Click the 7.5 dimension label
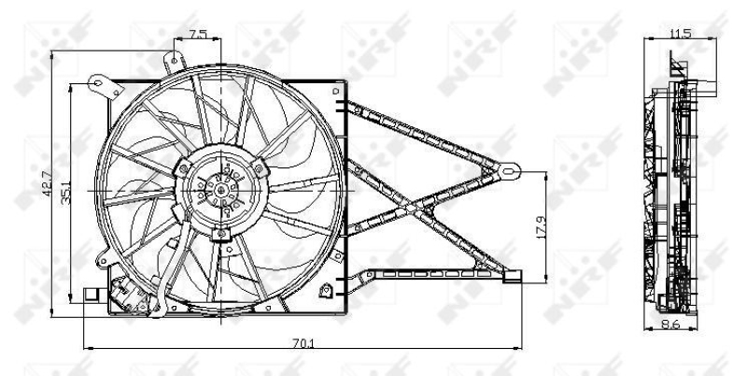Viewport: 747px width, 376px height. [198, 35]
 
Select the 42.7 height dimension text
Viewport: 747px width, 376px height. [47, 183]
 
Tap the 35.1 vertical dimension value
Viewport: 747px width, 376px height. [65, 193]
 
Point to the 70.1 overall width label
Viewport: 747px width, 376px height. [303, 342]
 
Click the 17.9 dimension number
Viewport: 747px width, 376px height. [542, 227]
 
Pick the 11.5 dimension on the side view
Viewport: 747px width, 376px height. [680, 34]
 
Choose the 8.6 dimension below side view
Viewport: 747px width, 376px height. [670, 325]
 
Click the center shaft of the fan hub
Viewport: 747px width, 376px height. [220, 191]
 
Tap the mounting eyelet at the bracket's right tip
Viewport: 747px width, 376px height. [509, 170]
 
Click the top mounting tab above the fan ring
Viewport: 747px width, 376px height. [175, 62]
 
